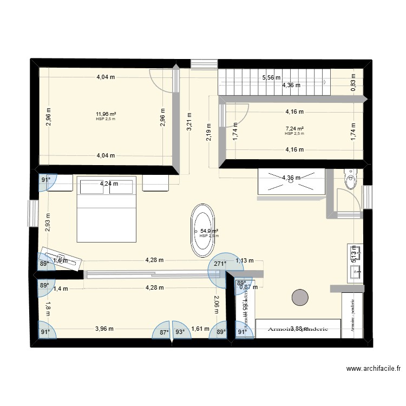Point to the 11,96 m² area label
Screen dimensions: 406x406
106,114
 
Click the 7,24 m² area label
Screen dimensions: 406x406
294,129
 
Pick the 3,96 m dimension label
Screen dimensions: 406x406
106,328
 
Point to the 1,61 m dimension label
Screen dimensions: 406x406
200,328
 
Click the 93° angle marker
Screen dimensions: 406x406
180,332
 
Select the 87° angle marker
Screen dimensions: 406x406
164,332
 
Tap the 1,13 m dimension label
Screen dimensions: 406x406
245,260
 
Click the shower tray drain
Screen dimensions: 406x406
292,181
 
